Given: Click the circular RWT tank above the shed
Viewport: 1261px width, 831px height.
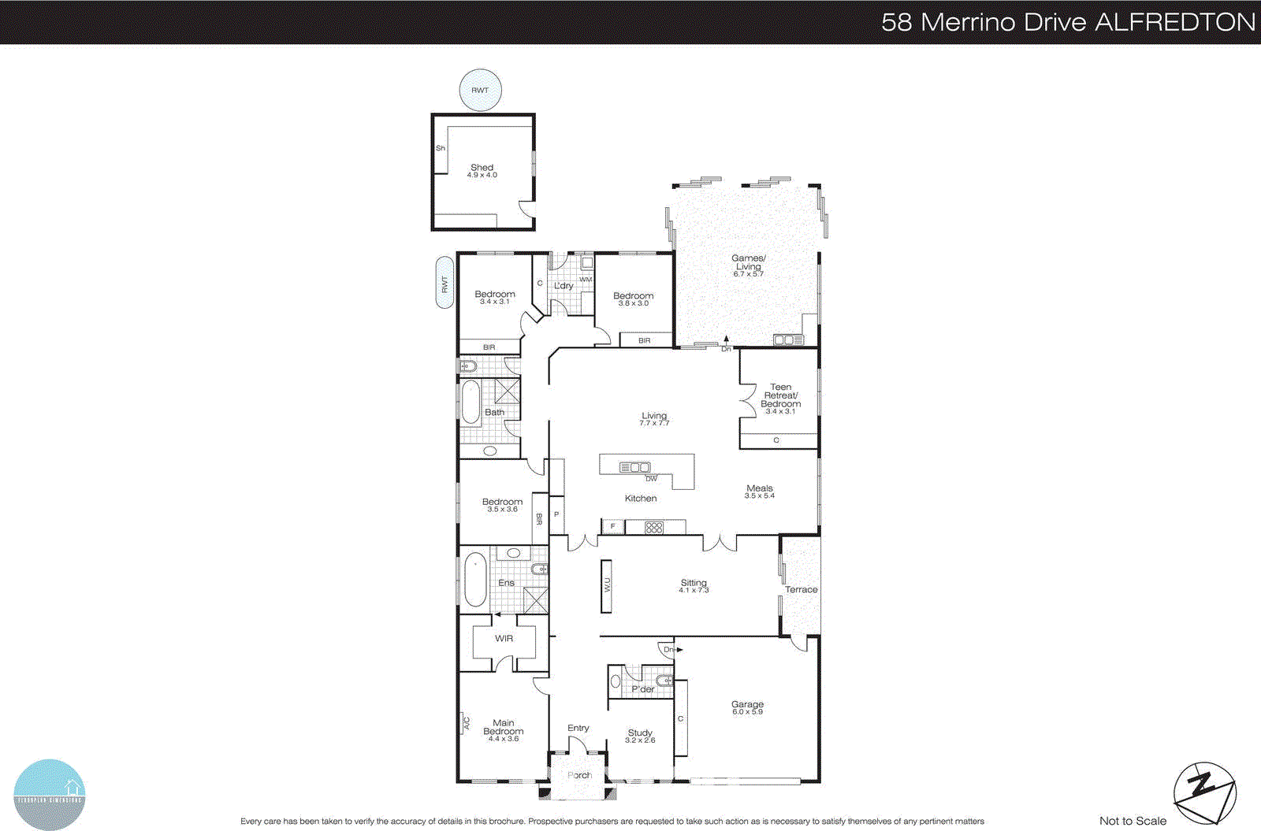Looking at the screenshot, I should point(480,90).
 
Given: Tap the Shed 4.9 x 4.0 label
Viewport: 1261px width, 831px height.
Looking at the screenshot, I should point(482,171).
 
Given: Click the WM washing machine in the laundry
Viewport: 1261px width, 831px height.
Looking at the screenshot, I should point(586,264).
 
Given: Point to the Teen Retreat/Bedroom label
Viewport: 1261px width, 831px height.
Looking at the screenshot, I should point(780,399).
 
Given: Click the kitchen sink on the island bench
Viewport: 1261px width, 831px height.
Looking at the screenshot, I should point(635,467).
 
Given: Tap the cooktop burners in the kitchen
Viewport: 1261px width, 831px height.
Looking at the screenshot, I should point(654,528).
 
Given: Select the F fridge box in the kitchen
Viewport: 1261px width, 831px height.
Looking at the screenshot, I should point(612,526).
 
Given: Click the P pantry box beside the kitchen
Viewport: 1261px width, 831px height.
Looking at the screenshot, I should point(556,514).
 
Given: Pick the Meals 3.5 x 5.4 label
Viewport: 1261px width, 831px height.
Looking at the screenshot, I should point(760,492).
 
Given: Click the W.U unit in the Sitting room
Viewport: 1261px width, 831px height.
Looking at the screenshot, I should point(607,586).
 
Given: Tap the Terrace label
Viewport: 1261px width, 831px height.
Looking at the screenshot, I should point(801,589).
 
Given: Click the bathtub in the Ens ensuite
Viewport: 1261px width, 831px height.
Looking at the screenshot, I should point(475,579).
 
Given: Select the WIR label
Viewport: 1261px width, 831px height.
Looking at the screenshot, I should point(504,639).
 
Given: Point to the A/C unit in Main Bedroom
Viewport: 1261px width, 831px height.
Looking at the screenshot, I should point(465,723).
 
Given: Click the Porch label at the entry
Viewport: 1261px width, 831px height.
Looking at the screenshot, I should point(579,775).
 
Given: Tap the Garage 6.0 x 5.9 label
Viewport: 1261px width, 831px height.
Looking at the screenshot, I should point(747,707).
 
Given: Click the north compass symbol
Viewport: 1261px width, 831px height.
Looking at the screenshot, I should point(1204,792).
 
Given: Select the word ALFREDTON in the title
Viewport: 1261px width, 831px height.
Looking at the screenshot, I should point(1174,21).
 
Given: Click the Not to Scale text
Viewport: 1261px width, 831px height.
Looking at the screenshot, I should point(1133,821).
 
